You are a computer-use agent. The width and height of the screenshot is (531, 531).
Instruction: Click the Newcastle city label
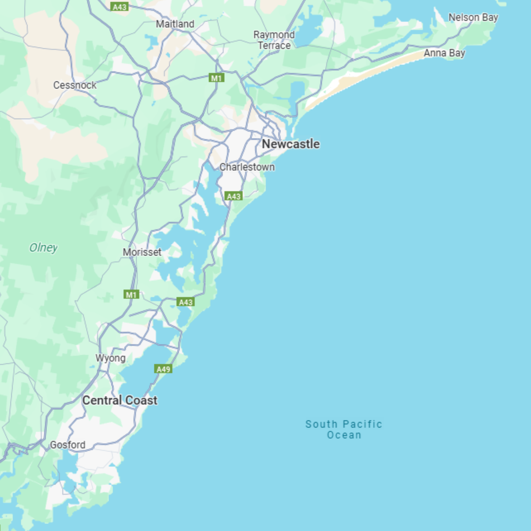pos(291,144)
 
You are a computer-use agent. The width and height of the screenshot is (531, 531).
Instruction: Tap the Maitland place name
pos(175,24)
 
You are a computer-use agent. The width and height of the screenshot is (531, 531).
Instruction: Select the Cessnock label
pos(75,85)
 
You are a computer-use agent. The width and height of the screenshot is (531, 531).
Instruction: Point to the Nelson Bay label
pos(473,18)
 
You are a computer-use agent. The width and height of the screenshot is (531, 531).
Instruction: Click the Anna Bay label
pos(444,53)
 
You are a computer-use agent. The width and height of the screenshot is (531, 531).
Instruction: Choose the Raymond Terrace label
pos(274,40)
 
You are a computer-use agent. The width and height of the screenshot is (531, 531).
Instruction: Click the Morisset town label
pos(142,252)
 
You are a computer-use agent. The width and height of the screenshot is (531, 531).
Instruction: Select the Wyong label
pos(110,358)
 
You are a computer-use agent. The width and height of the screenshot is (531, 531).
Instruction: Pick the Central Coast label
pos(120,400)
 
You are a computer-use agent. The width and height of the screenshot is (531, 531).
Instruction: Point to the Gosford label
pos(68,445)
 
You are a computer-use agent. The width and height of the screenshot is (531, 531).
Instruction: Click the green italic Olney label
pos(43,248)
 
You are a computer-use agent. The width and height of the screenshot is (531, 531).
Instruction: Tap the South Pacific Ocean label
pos(344,429)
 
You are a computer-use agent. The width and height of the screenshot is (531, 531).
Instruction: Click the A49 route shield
pos(163,369)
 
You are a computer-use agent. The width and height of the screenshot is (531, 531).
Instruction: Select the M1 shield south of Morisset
pos(131,295)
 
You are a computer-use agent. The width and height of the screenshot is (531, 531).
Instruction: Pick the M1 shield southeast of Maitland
pos(216,78)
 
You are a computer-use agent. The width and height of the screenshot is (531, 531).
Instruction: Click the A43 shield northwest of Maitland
pos(119,7)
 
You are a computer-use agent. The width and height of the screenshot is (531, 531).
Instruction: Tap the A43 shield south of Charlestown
pos(233,196)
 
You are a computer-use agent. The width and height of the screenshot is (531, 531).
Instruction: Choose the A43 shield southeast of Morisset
pos(185,302)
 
